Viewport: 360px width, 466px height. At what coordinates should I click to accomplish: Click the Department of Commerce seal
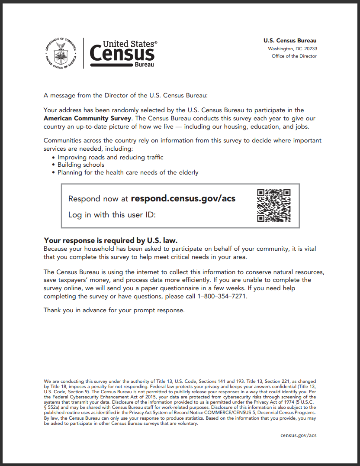point(61,53)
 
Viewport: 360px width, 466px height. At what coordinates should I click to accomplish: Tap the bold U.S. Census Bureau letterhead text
point(290,41)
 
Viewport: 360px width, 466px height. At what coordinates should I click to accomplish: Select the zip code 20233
point(311,49)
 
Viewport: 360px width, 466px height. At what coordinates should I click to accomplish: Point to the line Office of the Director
point(294,56)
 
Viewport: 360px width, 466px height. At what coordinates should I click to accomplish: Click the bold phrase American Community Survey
point(87,118)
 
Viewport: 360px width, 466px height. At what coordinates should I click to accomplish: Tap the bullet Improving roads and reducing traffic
point(110,157)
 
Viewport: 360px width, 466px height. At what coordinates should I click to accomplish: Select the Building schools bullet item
point(81,165)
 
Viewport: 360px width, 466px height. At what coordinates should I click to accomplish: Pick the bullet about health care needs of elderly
point(128,172)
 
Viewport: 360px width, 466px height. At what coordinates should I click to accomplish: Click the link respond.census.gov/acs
point(183,199)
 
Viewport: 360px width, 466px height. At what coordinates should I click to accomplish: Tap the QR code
point(273,205)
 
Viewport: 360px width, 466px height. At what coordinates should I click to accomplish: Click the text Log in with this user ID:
point(112,215)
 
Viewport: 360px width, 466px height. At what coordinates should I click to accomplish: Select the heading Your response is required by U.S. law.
point(111,240)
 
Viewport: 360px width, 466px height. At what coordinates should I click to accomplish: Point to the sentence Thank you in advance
point(114,310)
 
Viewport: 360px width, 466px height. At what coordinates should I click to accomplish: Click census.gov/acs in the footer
point(298,435)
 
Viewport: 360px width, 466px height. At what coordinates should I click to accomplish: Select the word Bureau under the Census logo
point(144,65)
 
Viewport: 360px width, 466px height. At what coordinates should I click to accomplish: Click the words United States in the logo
point(128,44)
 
